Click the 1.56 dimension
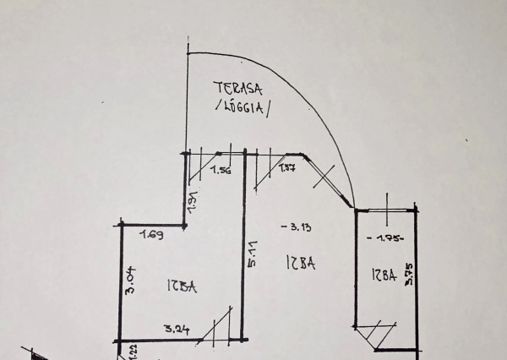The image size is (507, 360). click(x=221, y=171)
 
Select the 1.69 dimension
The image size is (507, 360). click(x=152, y=234)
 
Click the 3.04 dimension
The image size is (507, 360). click(x=130, y=276)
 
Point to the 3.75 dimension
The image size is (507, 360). click(x=409, y=276)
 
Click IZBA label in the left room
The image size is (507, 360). click(x=182, y=287)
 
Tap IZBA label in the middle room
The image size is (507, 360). click(x=300, y=264)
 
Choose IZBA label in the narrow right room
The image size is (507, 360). click(x=383, y=275)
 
